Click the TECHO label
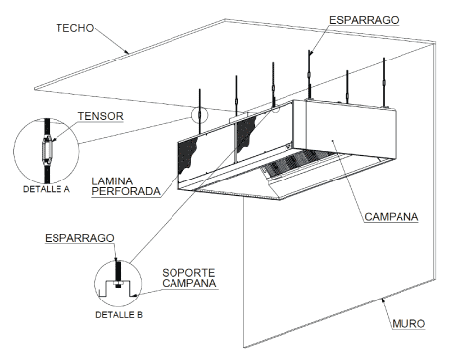[x=75, y=28]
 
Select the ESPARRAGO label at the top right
[x=364, y=20]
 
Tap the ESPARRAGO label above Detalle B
[x=79, y=238]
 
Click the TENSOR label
[x=101, y=116]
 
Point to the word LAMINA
[x=112, y=181]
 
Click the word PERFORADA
[x=126, y=191]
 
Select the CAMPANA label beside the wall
[x=392, y=217]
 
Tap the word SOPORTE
[x=188, y=273]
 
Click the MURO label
[x=408, y=324]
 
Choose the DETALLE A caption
[x=47, y=189]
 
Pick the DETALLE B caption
[x=119, y=315]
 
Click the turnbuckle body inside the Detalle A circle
[x=47, y=151]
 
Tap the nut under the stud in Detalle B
[x=118, y=284]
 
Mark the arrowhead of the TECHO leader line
[x=127, y=52]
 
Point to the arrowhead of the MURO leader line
[x=383, y=300]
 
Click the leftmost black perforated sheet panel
[x=187, y=156]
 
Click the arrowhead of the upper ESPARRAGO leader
[x=311, y=52]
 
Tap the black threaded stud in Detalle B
[x=118, y=271]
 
